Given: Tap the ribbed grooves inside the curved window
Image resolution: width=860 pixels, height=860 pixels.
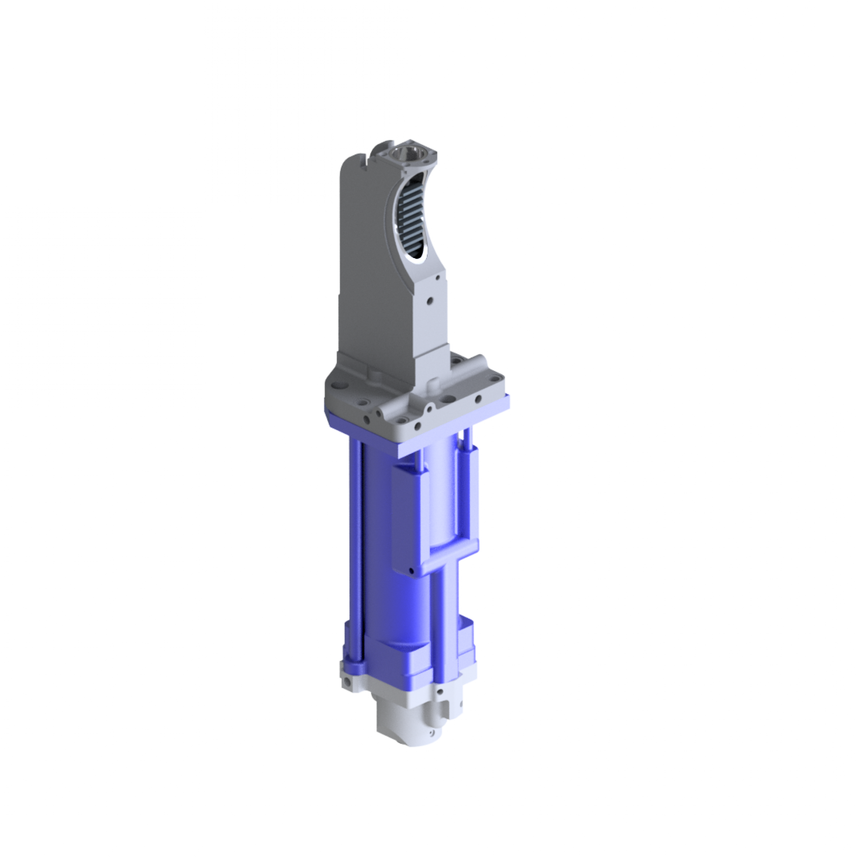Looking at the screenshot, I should coord(411,221).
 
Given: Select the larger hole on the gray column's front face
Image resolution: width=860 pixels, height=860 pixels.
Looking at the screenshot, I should coord(430,299).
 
